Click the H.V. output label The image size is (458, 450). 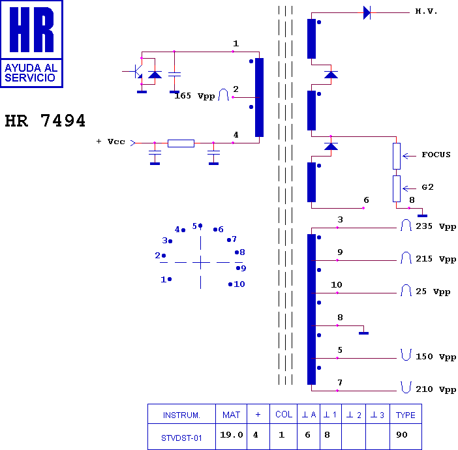pos(426,11)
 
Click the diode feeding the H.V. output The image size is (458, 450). pos(367,13)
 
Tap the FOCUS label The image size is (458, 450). pos(436,155)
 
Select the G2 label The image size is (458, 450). pos(427,187)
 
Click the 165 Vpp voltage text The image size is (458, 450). pos(194,96)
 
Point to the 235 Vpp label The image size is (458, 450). pos(436,226)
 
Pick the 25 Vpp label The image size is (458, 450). pos(433,292)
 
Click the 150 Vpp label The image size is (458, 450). pos(436,357)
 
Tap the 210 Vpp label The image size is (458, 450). pos(436,389)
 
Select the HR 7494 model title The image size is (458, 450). pos(45,120)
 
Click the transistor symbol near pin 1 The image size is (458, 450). pos(136,71)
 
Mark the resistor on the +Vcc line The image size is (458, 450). pos(181,143)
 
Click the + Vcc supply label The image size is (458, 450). pos(111,142)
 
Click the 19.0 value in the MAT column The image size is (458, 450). pos(232,435)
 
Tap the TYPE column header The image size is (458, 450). pos(405,415)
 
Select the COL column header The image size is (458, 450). pos(284,414)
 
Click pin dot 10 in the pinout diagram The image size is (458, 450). pos(230,284)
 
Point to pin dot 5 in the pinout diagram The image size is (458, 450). pos(200,226)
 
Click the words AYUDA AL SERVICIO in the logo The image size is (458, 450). pos(31,72)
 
